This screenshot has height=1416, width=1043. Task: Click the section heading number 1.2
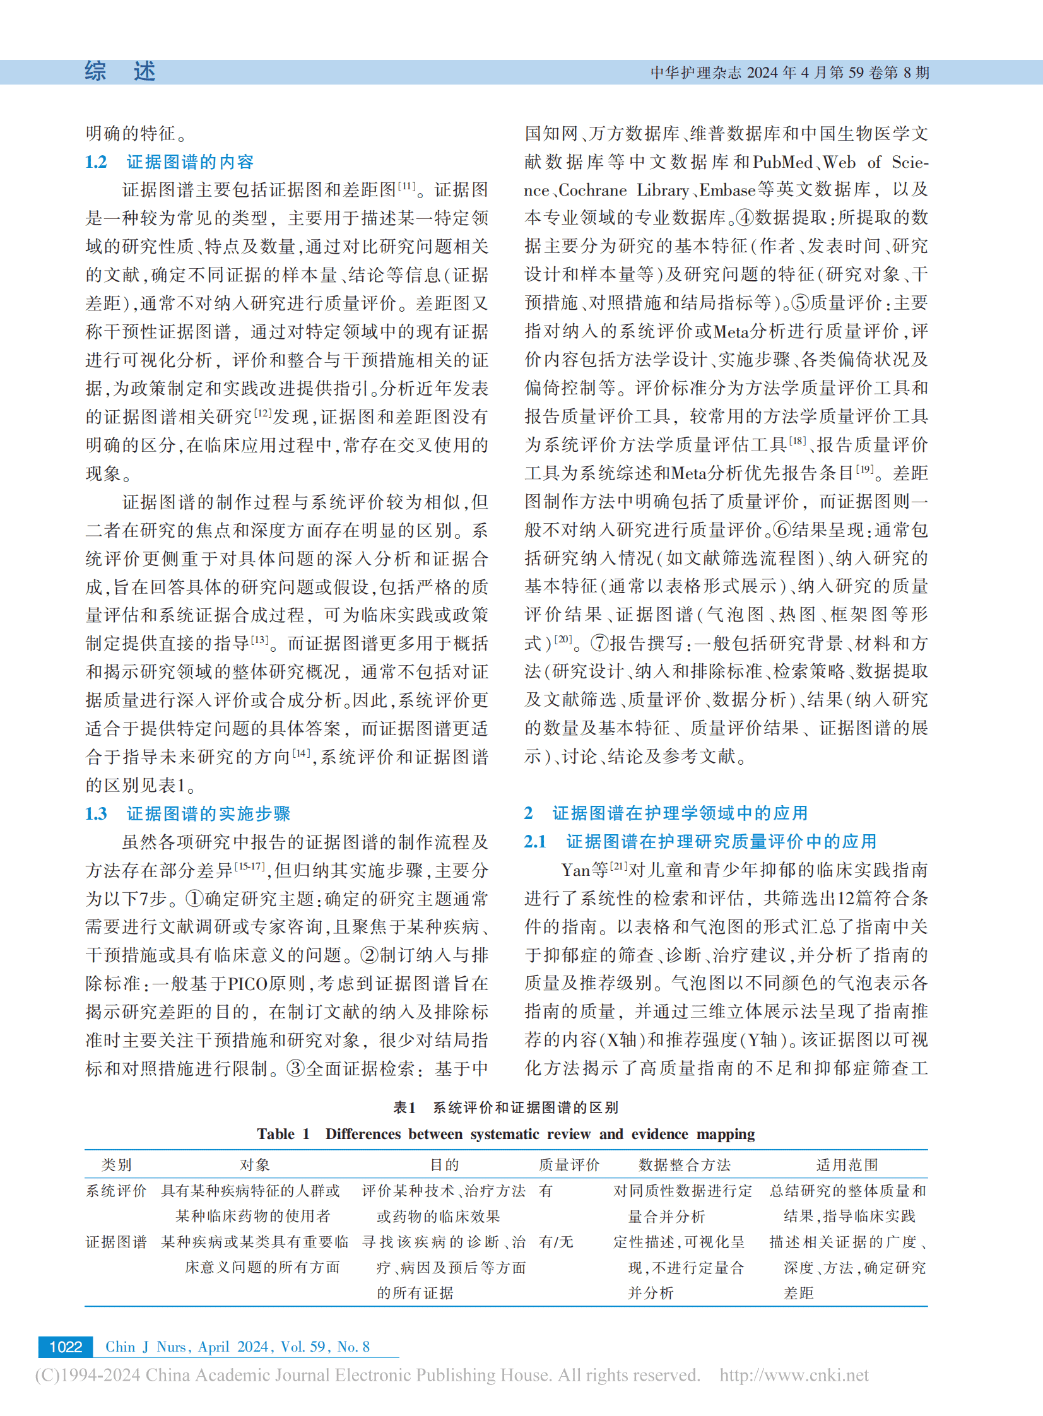click(96, 162)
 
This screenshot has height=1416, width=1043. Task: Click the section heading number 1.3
click(96, 814)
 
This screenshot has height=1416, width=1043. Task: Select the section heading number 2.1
click(535, 842)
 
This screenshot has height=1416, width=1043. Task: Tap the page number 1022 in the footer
click(66, 1347)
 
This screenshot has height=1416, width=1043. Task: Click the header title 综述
click(120, 72)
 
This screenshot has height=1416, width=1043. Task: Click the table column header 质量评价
click(569, 1165)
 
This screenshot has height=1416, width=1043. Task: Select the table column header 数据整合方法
click(685, 1165)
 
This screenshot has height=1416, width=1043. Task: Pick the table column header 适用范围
click(847, 1165)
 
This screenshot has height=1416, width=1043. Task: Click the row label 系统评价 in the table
click(116, 1191)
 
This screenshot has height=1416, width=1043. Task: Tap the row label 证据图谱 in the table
click(116, 1242)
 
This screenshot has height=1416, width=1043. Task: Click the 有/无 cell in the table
click(557, 1242)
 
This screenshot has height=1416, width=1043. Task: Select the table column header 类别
click(116, 1165)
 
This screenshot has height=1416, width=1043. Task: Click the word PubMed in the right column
click(782, 162)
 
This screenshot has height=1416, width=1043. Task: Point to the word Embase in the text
click(728, 190)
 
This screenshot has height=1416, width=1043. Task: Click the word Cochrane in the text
click(593, 190)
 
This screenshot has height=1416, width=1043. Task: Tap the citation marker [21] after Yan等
click(618, 868)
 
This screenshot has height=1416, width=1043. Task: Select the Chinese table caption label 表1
click(404, 1107)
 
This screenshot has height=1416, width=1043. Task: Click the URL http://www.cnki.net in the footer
click(794, 1375)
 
